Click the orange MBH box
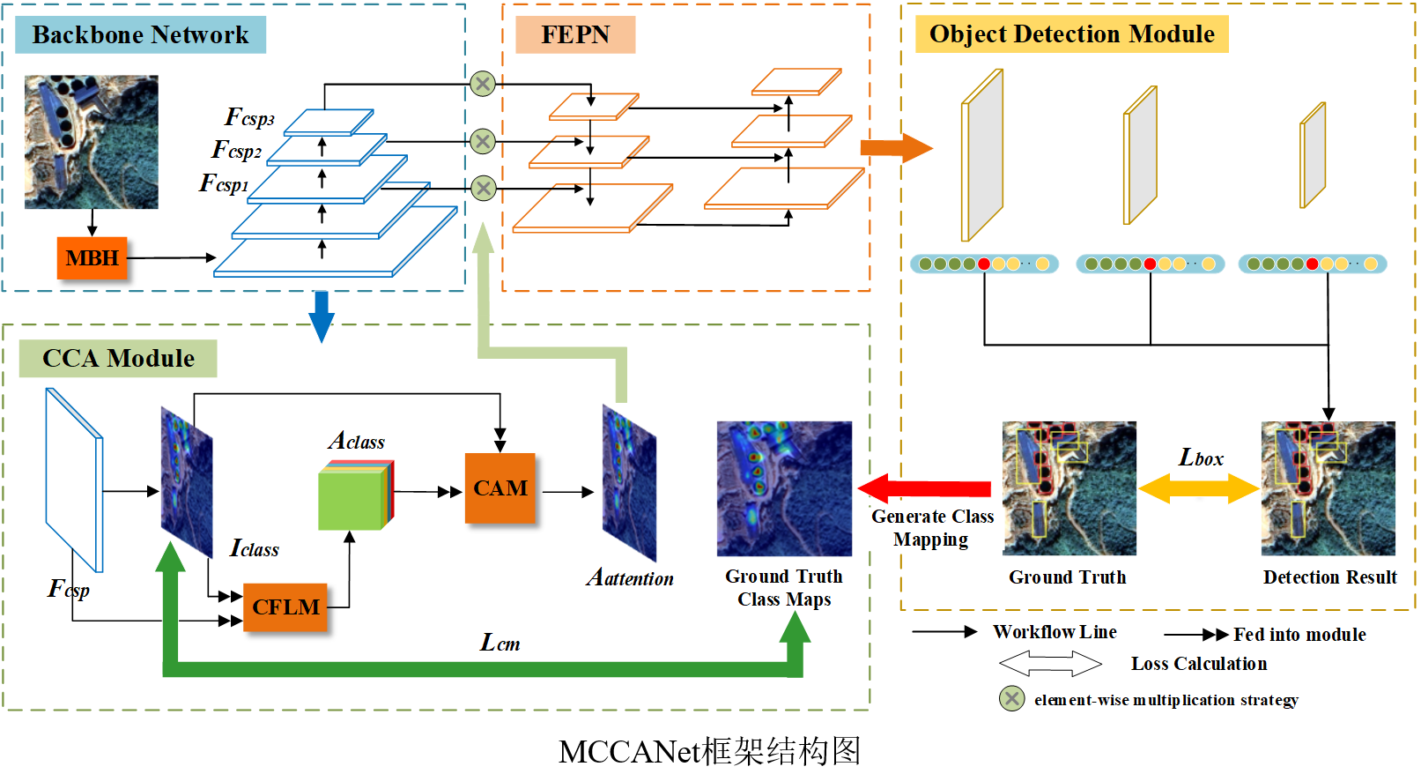pyautogui.click(x=92, y=258)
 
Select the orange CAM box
pyautogui.click(x=500, y=488)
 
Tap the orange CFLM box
pyautogui.click(x=285, y=607)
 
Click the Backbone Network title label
pyautogui.click(x=140, y=34)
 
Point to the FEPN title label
pyautogui.click(x=574, y=34)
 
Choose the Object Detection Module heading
pyautogui.click(x=1071, y=33)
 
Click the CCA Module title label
pyautogui.click(x=118, y=359)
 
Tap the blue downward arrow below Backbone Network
pyautogui.click(x=322, y=316)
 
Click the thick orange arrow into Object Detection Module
pyautogui.click(x=895, y=147)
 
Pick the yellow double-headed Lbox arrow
pyautogui.click(x=1199, y=487)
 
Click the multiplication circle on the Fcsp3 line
pyautogui.click(x=483, y=84)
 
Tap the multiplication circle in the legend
pyautogui.click(x=1011, y=699)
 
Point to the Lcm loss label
pyautogui.click(x=500, y=644)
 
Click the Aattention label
pyautogui.click(x=630, y=578)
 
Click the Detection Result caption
pyautogui.click(x=1329, y=577)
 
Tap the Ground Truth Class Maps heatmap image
pyautogui.click(x=784, y=488)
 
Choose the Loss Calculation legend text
pyautogui.click(x=1198, y=664)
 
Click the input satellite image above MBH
pyautogui.click(x=92, y=142)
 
